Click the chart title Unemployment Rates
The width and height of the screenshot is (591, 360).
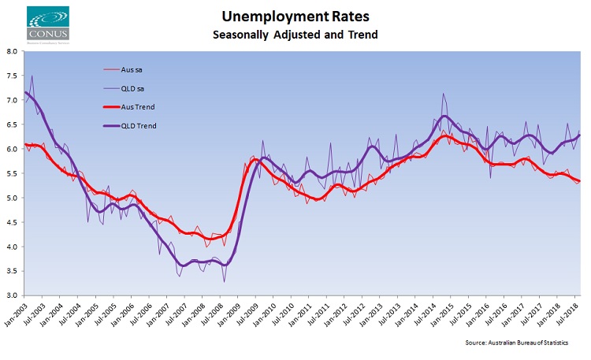click(x=295, y=17)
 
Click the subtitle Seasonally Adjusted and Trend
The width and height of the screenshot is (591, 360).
click(x=295, y=35)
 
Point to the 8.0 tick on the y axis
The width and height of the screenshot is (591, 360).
click(x=12, y=51)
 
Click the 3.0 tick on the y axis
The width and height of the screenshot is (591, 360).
click(x=12, y=295)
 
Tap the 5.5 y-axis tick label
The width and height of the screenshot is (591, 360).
click(x=12, y=173)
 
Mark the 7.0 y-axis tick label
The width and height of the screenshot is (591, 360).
click(x=12, y=100)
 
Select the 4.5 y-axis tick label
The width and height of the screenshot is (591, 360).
click(x=12, y=222)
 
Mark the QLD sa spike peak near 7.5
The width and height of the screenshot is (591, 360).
click(x=32, y=76)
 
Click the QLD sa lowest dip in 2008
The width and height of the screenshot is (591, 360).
click(x=224, y=281)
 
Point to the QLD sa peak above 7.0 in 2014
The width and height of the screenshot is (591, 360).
click(x=444, y=94)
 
